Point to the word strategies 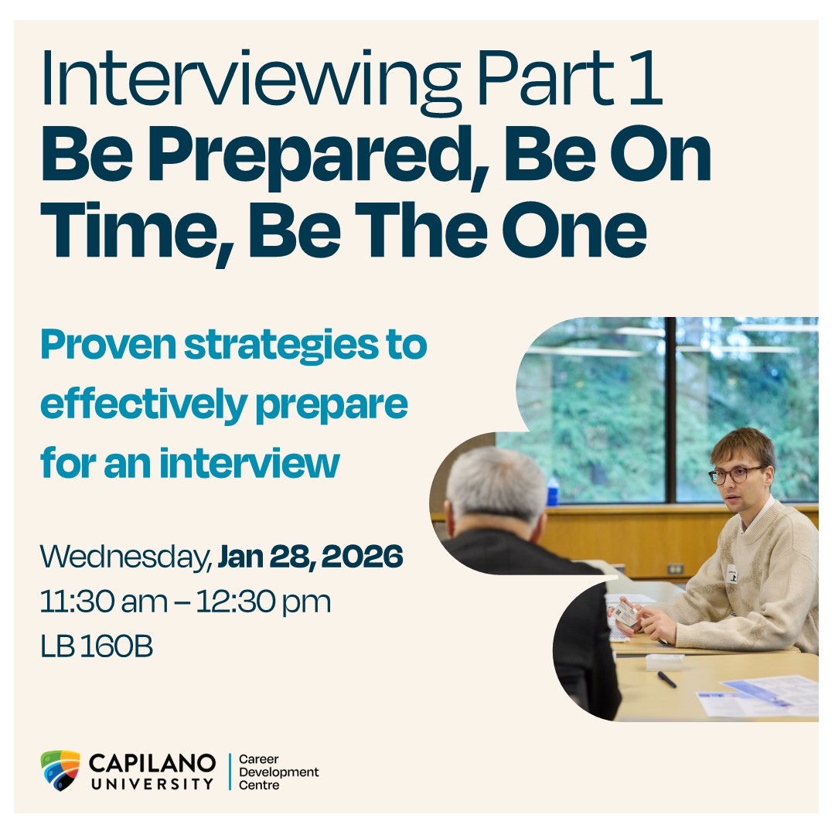[281, 347]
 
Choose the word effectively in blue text [143, 407]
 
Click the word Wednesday [126, 557]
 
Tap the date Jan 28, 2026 [311, 557]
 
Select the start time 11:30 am [104, 602]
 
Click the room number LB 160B [97, 646]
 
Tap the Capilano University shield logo [60, 770]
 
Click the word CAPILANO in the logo [152, 763]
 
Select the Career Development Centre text [278, 772]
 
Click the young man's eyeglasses [735, 474]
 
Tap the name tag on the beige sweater [732, 574]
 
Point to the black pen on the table [666, 680]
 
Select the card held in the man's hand [625, 613]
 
